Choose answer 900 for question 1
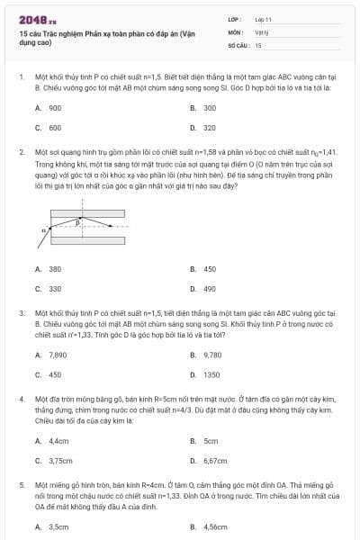coord(54,108)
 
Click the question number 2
coord(21,153)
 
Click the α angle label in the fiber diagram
coord(42,231)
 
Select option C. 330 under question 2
coord(54,289)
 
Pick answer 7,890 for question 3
coord(56,355)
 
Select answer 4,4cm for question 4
coord(58,441)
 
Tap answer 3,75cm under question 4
coord(59,461)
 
